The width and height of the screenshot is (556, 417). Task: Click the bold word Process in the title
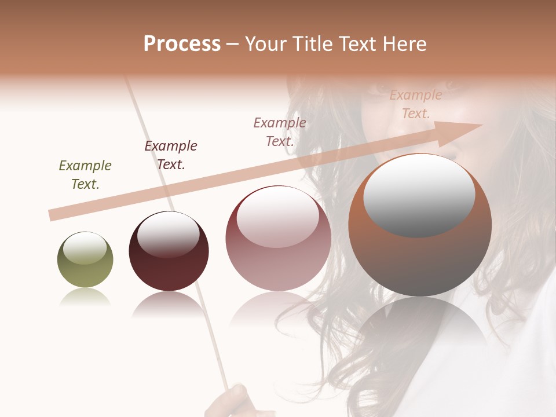tap(182, 44)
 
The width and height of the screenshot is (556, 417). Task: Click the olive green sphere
tap(85, 266)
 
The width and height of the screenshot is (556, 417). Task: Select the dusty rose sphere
tap(278, 261)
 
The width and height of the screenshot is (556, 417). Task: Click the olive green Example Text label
tap(85, 175)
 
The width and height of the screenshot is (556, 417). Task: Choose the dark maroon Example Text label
tap(171, 155)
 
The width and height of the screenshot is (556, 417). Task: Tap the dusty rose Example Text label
tap(280, 132)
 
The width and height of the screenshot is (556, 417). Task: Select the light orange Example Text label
tap(415, 104)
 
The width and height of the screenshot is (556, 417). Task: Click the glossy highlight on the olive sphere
tap(85, 248)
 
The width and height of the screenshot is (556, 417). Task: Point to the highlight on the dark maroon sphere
tap(168, 234)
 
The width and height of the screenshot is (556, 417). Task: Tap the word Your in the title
tap(264, 44)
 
